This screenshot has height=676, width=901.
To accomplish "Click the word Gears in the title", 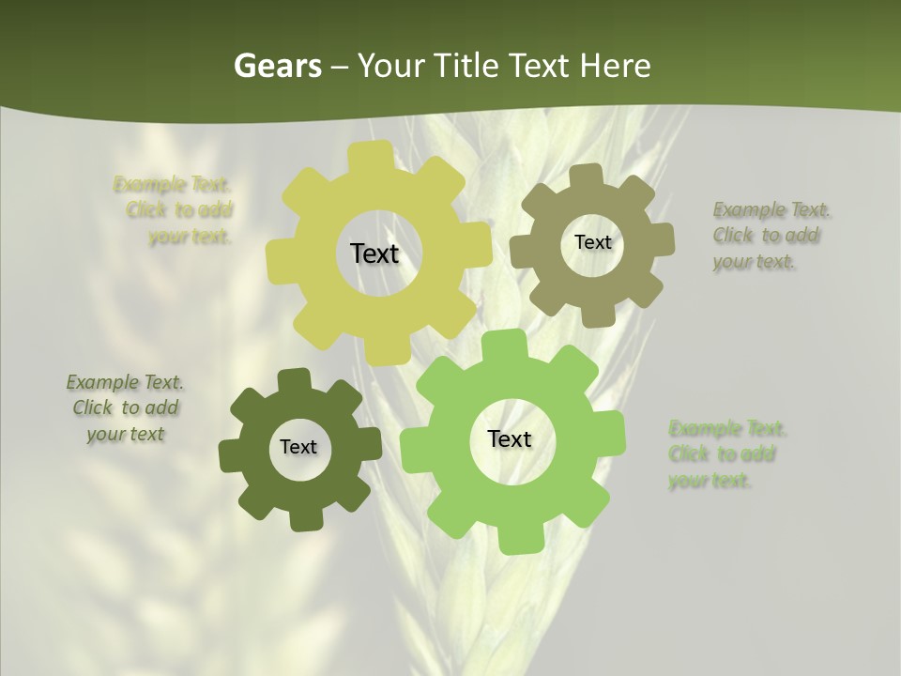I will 277,66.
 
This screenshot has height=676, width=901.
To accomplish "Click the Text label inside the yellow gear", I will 374,253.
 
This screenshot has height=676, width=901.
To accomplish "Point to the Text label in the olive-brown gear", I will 592,242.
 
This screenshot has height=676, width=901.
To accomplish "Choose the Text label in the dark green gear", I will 298,448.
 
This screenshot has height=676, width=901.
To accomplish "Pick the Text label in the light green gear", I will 510,439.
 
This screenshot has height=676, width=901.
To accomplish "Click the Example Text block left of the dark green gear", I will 125,408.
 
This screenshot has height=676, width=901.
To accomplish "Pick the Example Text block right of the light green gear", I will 726,454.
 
